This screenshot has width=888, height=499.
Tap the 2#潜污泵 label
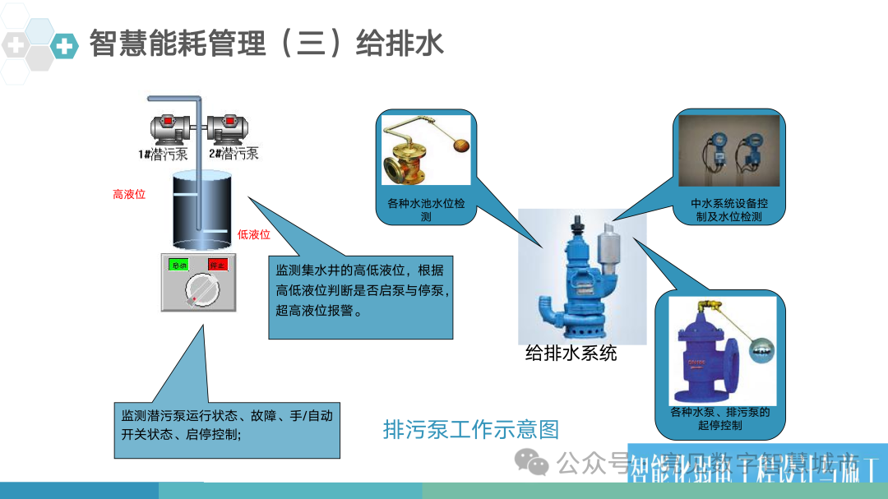[x=234, y=153]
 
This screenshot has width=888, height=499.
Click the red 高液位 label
[x=129, y=195]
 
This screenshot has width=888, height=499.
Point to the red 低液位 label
[x=253, y=234]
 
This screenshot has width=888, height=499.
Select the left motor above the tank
[x=169, y=130]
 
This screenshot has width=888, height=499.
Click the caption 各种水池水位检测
[x=426, y=210]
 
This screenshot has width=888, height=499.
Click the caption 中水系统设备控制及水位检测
[x=729, y=210]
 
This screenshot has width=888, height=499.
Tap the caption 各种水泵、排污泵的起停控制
[x=719, y=418]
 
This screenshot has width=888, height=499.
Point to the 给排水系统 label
[x=571, y=354]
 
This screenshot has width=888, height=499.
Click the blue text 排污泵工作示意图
[x=471, y=429]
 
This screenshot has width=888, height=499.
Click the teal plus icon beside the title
[x=64, y=45]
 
